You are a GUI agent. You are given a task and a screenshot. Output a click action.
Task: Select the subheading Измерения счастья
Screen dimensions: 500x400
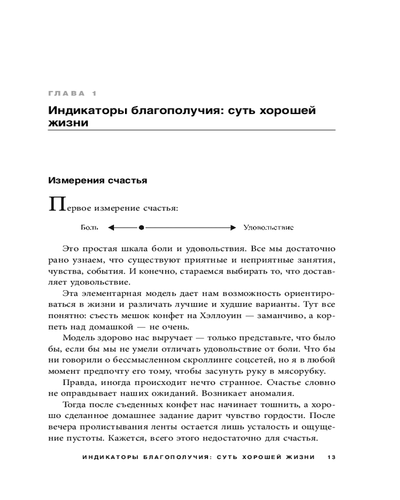[97, 180]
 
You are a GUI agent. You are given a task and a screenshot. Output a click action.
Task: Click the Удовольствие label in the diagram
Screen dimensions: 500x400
[268, 227]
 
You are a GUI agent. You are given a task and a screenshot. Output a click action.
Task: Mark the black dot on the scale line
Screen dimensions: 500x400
[141, 227]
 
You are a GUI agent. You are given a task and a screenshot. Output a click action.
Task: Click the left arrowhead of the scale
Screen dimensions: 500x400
[111, 227]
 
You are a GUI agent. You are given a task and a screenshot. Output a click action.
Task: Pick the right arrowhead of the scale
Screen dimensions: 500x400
[232, 227]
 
